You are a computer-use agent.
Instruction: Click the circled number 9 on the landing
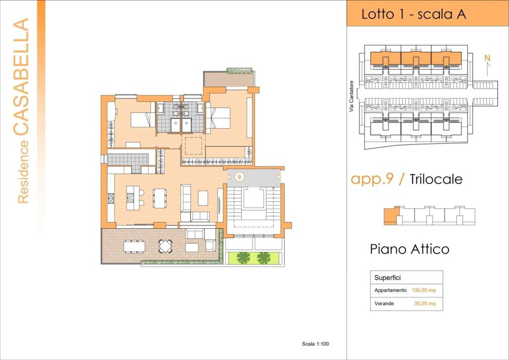click(x=239, y=177)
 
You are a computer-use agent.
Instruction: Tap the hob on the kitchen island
click(x=130, y=198)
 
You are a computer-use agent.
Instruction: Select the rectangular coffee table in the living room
click(x=203, y=198)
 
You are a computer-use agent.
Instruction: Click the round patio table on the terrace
click(x=165, y=246)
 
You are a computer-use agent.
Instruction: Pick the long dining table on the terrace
click(x=134, y=246)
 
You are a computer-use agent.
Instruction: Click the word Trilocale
click(x=436, y=179)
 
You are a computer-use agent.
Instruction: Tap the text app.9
click(x=372, y=179)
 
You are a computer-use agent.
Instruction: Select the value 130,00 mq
click(x=424, y=290)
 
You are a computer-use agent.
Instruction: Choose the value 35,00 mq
click(x=424, y=303)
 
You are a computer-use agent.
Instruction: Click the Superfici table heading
click(x=388, y=278)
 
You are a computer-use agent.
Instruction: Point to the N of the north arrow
click(x=487, y=58)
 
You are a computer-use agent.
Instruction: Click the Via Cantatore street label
click(x=351, y=97)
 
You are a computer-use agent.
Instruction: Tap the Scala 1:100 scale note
click(x=316, y=344)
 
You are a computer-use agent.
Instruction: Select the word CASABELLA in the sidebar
click(x=21, y=77)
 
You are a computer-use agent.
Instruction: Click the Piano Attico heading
click(x=410, y=249)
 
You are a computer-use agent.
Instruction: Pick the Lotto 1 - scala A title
click(x=414, y=14)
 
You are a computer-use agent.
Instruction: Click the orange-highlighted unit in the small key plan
click(x=391, y=215)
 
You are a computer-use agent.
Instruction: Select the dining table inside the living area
click(x=160, y=198)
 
